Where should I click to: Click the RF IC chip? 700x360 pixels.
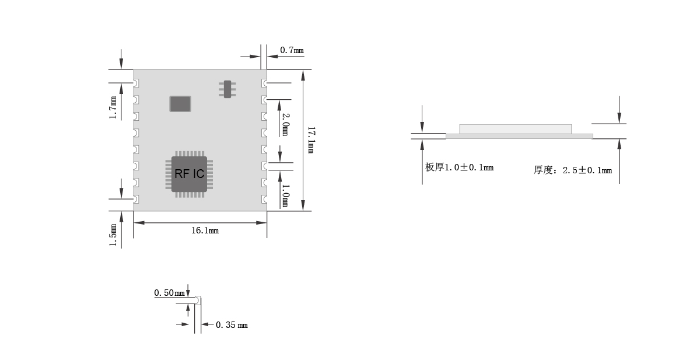(189, 174)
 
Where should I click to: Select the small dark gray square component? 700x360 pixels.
(180, 104)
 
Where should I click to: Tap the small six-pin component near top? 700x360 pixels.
(228, 89)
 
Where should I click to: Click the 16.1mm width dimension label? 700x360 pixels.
(205, 230)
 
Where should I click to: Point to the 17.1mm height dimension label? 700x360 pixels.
(310, 140)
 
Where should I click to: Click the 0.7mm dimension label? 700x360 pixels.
(292, 50)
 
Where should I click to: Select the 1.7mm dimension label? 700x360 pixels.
(113, 108)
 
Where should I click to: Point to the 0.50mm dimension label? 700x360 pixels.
(169, 292)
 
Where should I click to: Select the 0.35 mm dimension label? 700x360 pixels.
(232, 325)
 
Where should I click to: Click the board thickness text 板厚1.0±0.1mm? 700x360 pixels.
(459, 167)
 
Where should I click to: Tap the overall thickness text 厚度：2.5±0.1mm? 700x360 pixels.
(573, 170)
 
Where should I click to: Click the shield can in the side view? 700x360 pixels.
(515, 129)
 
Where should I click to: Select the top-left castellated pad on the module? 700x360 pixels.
(135, 83)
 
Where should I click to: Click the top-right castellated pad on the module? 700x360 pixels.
(265, 83)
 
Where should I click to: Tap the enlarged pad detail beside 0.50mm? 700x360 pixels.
(197, 301)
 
